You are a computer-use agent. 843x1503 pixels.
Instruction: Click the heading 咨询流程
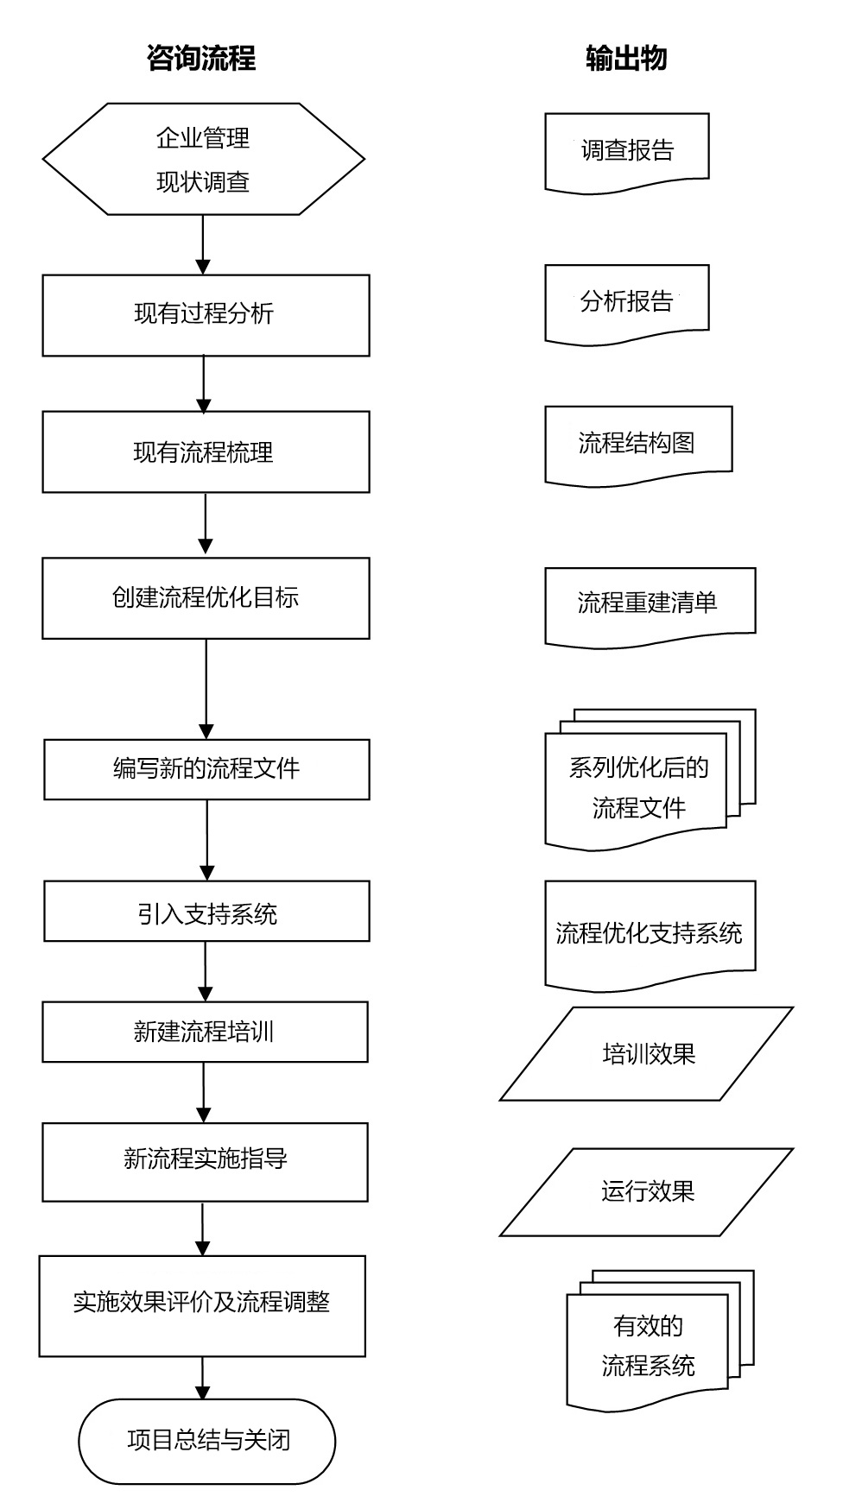click(x=201, y=59)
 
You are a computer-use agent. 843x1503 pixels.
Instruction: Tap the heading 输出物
click(x=626, y=59)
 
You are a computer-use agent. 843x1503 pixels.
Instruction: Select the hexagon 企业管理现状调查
click(x=204, y=159)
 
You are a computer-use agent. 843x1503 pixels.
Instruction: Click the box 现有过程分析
click(x=206, y=315)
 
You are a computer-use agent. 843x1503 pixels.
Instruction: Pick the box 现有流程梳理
click(x=206, y=452)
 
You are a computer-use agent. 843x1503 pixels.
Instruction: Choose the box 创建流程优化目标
click(x=206, y=597)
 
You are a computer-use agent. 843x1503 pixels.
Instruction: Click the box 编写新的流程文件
click(x=206, y=768)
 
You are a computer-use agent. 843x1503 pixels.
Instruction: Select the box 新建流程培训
click(x=205, y=1032)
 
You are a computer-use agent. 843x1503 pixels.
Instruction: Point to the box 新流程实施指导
click(x=205, y=1161)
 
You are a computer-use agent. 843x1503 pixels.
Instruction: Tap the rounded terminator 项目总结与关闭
click(x=206, y=1440)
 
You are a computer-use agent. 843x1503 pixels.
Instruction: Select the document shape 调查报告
click(x=627, y=151)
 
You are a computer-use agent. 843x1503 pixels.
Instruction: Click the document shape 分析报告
click(x=627, y=302)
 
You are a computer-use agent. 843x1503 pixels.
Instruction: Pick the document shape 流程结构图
click(x=638, y=443)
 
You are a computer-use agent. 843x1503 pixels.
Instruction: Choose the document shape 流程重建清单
click(x=650, y=603)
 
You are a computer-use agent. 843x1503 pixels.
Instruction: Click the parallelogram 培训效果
click(x=647, y=1053)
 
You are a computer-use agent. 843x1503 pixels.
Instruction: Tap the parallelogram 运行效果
click(x=647, y=1191)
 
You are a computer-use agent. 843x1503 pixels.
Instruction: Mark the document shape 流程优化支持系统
click(x=650, y=933)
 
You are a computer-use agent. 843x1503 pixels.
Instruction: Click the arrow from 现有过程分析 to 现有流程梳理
click(x=204, y=383)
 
